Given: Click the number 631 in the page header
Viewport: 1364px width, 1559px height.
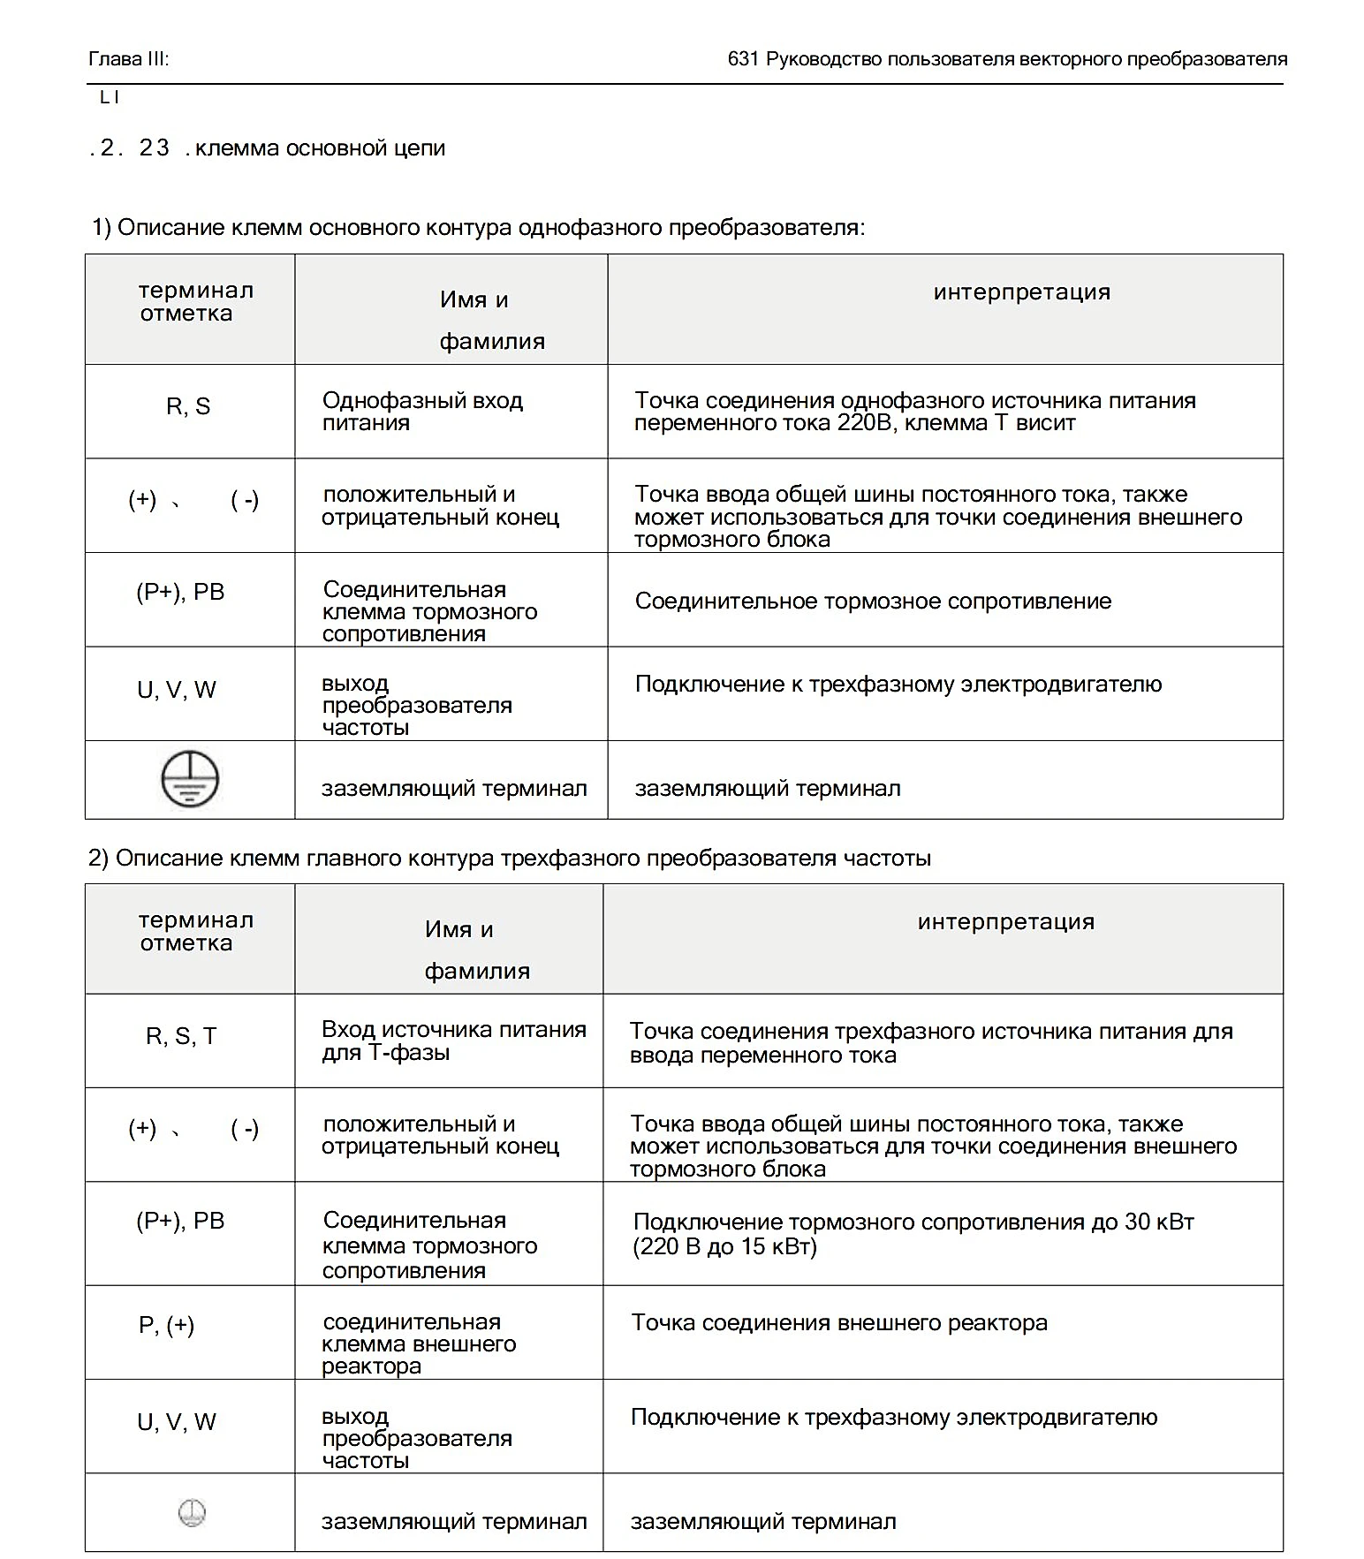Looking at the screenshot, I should [x=743, y=59].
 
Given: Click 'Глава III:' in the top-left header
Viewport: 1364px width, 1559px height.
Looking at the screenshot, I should [x=129, y=59].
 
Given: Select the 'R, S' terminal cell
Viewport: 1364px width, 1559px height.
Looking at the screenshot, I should [x=188, y=406].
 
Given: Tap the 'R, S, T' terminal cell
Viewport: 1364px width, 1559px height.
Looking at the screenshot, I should [x=181, y=1036].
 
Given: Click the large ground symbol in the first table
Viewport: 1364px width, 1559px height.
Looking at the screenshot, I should [x=190, y=778].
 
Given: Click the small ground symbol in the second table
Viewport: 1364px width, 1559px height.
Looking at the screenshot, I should [x=192, y=1514].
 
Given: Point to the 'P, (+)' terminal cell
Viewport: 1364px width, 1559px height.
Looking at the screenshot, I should [x=167, y=1325].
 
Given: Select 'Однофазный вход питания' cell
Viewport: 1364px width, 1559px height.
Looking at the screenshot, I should [x=422, y=412].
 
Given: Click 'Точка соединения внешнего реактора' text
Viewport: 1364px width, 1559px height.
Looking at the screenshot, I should [x=839, y=1322].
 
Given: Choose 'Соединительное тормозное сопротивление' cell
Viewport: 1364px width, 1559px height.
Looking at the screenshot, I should [x=873, y=602].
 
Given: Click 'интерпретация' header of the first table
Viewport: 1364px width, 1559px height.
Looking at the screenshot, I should [x=1022, y=292].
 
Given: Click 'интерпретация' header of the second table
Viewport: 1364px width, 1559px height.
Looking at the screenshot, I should [x=1006, y=922].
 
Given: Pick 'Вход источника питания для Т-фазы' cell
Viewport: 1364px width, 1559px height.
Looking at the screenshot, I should [x=453, y=1041].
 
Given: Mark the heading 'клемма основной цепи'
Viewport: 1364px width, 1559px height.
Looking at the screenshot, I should [x=320, y=148].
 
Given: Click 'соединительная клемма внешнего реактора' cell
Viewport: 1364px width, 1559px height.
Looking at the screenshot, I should [x=419, y=1343].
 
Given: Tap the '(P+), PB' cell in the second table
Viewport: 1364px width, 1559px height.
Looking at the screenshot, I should [x=180, y=1221].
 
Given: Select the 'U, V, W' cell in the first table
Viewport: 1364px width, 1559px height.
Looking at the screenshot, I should [x=177, y=690].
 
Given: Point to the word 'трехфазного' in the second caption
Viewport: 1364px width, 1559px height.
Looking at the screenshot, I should [x=571, y=858].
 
